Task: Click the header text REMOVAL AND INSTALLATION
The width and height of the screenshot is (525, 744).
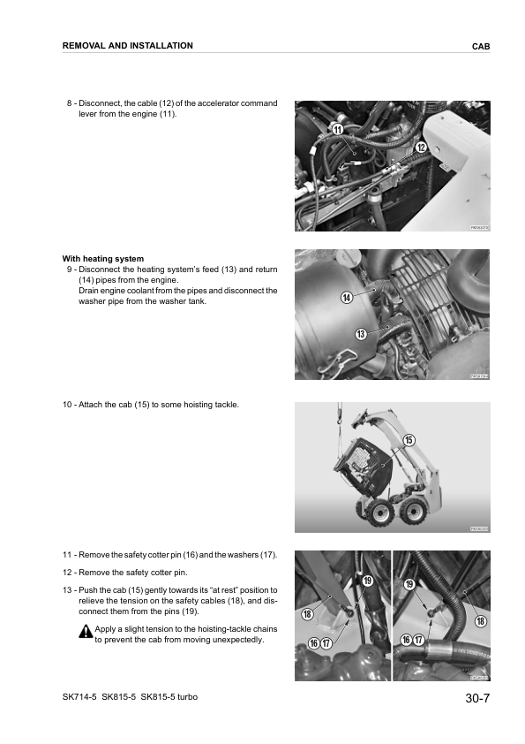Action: (128, 45)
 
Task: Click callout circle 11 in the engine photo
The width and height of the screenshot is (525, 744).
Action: (337, 130)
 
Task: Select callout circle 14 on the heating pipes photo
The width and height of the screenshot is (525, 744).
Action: (347, 298)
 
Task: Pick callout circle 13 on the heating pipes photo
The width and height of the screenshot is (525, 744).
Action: (360, 333)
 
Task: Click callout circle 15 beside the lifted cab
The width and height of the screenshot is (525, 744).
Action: (409, 440)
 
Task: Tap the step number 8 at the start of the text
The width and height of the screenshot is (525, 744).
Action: (70, 103)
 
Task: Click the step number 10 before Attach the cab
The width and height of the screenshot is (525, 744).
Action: (68, 405)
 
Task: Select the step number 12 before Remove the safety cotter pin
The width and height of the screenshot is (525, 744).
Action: (68, 573)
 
